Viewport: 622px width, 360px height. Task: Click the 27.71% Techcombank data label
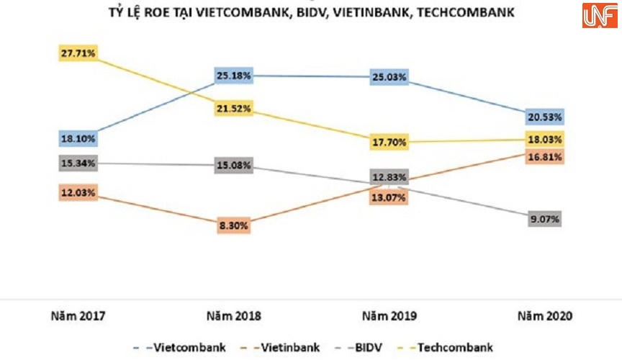pos(78,53)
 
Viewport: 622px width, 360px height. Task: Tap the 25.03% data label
pos(389,77)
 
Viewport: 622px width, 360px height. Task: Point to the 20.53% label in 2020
pos(545,117)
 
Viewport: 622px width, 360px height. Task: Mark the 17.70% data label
pos(389,143)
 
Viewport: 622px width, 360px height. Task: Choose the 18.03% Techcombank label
pos(545,139)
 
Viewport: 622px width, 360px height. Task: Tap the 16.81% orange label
pos(545,156)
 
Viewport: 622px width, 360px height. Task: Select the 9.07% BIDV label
pos(545,219)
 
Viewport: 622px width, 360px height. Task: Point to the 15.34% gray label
pos(78,163)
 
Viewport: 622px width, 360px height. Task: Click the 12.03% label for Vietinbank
pos(78,193)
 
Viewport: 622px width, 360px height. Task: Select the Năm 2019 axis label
pos(389,316)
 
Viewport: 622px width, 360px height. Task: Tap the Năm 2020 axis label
pos(545,316)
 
